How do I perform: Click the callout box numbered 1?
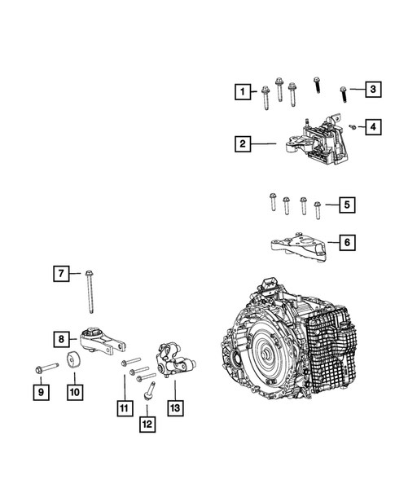point(243,91)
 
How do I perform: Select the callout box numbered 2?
point(243,143)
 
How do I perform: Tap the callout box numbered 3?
point(373,89)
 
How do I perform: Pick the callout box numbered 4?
point(373,127)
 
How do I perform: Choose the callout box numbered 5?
point(347,205)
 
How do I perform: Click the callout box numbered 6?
point(347,243)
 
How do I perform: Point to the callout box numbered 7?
point(61,273)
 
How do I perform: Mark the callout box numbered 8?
point(62,339)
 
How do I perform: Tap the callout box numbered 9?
point(42,392)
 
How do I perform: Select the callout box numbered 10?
point(75,392)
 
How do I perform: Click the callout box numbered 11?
point(125,408)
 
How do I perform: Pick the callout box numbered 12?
point(147,425)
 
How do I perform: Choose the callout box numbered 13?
point(176,408)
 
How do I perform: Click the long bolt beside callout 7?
point(90,292)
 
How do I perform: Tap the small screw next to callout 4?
point(353,127)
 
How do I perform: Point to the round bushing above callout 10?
point(73,361)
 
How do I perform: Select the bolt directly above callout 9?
point(46,368)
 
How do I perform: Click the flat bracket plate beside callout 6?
point(299,248)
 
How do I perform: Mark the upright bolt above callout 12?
point(149,390)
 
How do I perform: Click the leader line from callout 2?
point(264,143)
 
